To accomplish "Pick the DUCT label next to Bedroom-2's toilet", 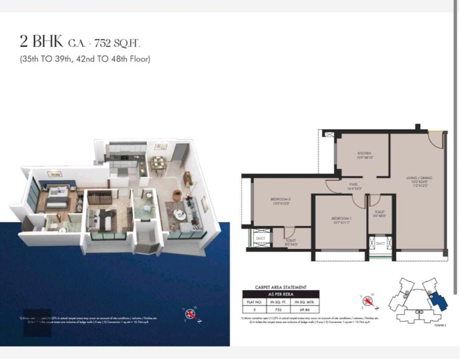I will pos(261,237).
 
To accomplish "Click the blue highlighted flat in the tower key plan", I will pos(439,302).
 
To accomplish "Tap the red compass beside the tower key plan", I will pos(369,303).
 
